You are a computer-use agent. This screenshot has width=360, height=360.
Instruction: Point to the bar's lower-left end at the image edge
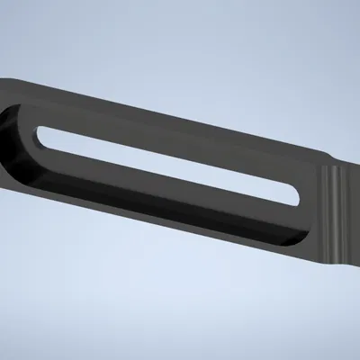pos(4,175)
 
